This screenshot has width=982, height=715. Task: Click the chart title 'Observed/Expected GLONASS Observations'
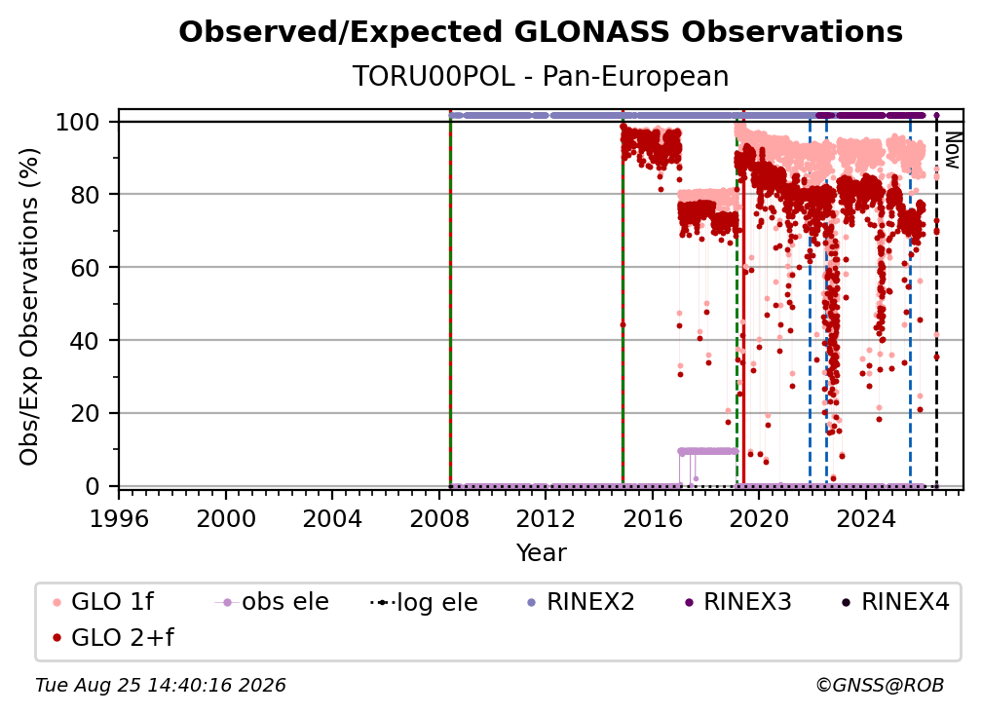[x=541, y=32]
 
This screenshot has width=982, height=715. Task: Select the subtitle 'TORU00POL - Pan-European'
[x=541, y=76]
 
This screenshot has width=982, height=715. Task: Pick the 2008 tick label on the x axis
[x=439, y=519]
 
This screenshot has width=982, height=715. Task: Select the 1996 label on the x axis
[x=119, y=519]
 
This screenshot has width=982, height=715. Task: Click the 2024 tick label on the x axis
[x=865, y=519]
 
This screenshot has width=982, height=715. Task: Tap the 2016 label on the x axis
[x=653, y=519]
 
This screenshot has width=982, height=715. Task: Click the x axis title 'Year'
[x=541, y=553]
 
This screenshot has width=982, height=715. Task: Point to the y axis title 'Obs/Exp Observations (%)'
[x=29, y=307]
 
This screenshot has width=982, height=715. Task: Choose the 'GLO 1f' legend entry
[x=103, y=602]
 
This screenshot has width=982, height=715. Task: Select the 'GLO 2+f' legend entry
[x=113, y=637]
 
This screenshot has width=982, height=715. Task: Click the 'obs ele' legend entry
[x=272, y=602]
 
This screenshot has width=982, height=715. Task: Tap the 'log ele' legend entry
[x=424, y=602]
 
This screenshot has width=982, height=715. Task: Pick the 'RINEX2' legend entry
[x=581, y=602]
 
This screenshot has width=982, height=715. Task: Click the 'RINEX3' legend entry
[x=737, y=602]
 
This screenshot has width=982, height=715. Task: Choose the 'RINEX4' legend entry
[x=895, y=602]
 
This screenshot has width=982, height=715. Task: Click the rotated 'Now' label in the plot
[x=952, y=150]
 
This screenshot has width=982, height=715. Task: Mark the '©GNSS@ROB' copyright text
[x=880, y=685]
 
